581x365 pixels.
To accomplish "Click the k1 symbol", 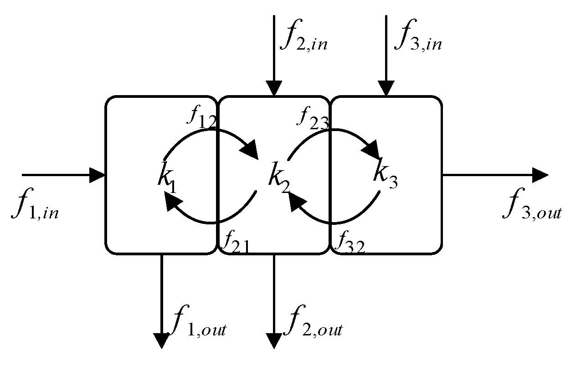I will coord(167,176).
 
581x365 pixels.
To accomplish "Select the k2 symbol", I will coord(278,177).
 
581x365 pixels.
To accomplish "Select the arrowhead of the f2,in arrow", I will coord(273,88).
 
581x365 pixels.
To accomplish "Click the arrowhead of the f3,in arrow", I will coord(386,88).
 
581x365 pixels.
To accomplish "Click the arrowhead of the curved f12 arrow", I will coord(251,151).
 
